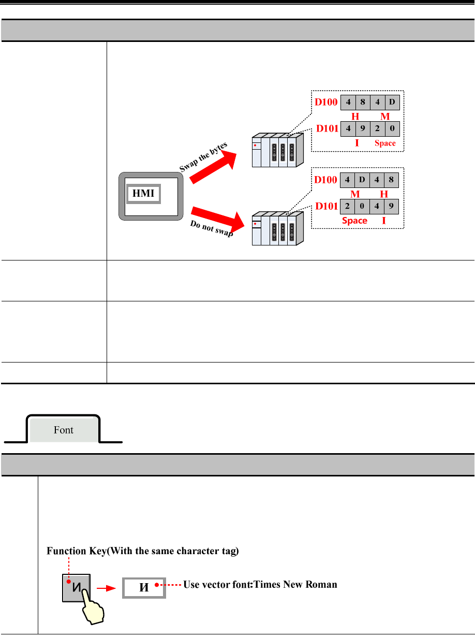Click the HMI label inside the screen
click(143, 194)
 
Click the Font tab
click(64, 430)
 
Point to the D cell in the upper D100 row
click(392, 102)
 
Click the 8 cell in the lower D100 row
click(392, 180)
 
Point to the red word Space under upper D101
click(384, 143)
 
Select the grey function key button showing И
click(76, 587)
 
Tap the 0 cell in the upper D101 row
click(392, 128)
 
